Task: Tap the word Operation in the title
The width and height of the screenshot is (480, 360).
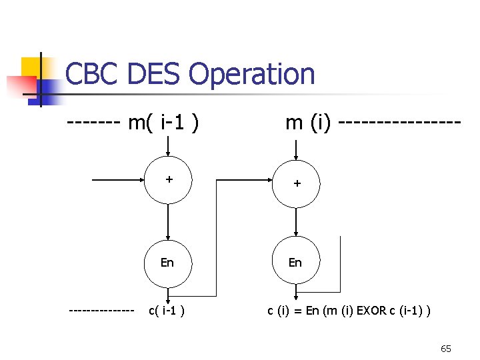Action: click(251, 74)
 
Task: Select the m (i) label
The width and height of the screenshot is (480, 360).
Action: click(309, 123)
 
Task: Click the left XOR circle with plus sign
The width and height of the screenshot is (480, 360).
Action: click(169, 180)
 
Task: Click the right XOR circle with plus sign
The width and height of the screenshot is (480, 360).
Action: click(297, 181)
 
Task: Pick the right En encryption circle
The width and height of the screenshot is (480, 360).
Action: click(296, 262)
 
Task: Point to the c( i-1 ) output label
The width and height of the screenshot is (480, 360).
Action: click(167, 311)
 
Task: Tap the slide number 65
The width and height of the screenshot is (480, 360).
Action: click(446, 349)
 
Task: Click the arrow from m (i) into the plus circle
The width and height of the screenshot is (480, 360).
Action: click(297, 147)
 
